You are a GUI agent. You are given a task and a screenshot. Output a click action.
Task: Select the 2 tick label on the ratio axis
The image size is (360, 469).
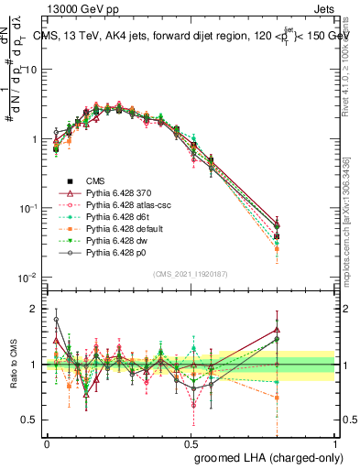(33, 309)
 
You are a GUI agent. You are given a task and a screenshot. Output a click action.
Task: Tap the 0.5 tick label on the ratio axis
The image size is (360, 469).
(27, 420)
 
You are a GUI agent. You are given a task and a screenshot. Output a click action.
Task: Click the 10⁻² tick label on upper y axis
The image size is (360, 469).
(26, 278)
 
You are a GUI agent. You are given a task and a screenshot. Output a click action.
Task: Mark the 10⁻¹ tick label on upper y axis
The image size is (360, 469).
(26, 208)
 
